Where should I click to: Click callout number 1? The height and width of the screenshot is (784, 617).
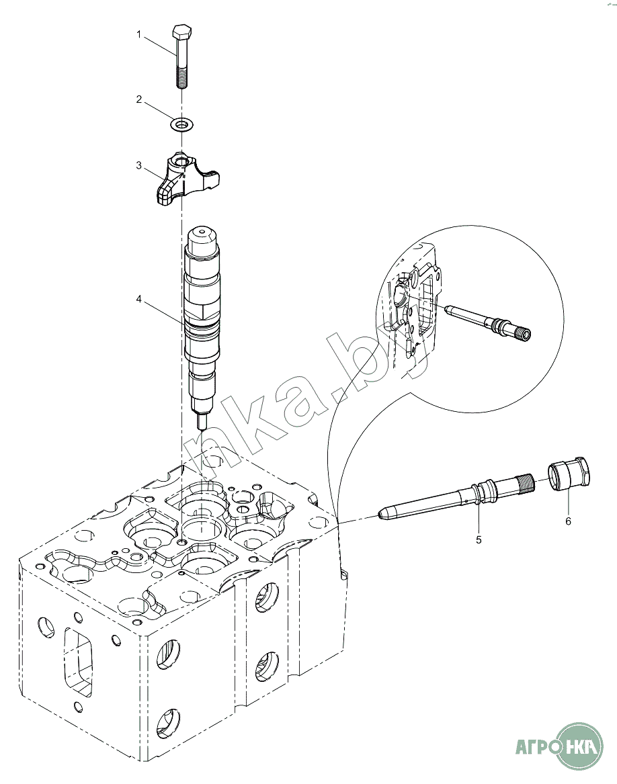(139, 34)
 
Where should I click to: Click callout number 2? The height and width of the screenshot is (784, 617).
(139, 99)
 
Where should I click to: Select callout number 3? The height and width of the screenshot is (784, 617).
(139, 165)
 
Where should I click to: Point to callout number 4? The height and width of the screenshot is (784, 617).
(139, 299)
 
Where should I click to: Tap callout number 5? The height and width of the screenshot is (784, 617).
(479, 539)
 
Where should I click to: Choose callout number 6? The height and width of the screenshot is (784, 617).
(568, 521)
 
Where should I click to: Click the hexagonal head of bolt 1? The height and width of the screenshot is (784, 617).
(181, 33)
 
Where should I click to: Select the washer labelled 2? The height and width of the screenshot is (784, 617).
(179, 124)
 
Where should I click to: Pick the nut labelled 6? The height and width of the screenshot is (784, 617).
(570, 474)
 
